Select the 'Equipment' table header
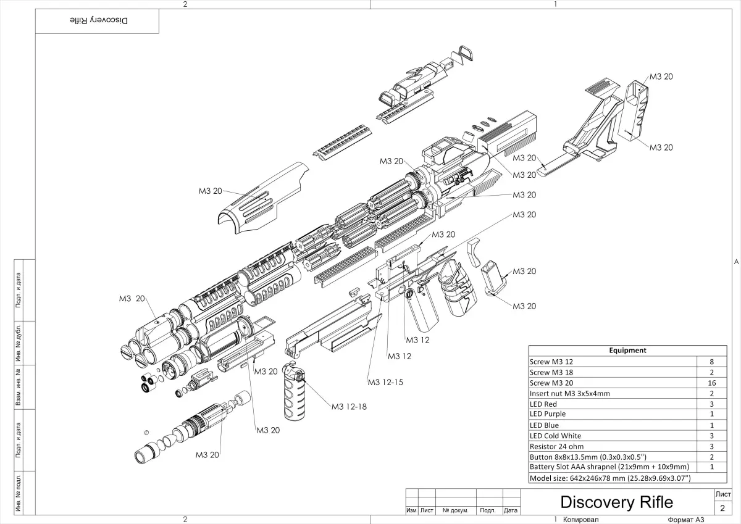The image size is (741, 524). [x=627, y=351]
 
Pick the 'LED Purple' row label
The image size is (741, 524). [x=548, y=414]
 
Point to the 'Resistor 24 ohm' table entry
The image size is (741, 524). [x=556, y=446]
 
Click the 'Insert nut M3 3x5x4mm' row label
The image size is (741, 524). [x=569, y=393]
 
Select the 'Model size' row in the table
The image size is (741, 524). [x=609, y=478]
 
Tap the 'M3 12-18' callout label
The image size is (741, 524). [x=349, y=406]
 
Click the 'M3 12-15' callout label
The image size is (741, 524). [x=385, y=383]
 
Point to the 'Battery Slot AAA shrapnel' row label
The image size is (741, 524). [x=609, y=467]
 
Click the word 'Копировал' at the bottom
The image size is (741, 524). [x=580, y=520]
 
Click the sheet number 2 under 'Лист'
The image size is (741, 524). [x=722, y=508]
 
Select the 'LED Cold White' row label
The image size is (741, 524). [x=555, y=436]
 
